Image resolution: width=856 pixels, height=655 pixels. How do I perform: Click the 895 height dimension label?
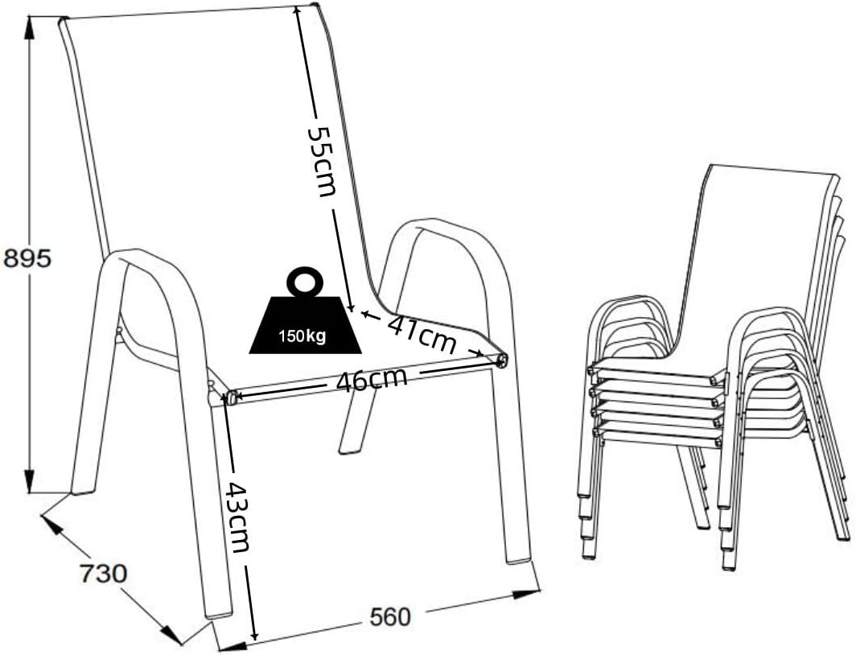coord(27,257)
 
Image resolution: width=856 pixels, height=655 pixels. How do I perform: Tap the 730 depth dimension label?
coord(103,573)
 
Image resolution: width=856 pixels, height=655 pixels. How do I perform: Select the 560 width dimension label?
coord(389,617)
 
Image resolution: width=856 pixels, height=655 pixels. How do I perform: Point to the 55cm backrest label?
coord(322,161)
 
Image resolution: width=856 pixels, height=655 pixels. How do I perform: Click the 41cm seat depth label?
coord(422,333)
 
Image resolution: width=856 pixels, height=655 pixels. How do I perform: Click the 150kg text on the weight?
coord(302,336)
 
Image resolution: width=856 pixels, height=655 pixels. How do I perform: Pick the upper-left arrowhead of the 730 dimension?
coord(51,524)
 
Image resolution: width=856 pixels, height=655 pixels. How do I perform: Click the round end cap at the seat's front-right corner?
coord(501,360)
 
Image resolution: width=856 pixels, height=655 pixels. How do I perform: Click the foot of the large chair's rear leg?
coord(350,449)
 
